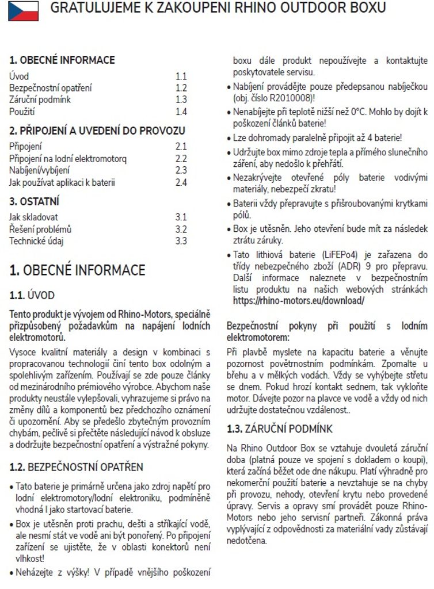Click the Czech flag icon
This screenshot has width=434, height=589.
(23, 10)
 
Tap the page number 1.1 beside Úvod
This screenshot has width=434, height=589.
(181, 76)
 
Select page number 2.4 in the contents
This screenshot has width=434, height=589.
(181, 182)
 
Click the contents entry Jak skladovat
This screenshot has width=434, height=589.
(33, 217)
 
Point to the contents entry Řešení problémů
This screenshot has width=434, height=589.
(40, 229)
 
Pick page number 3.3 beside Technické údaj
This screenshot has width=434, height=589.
(181, 241)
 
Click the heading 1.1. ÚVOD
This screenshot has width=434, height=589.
(32, 296)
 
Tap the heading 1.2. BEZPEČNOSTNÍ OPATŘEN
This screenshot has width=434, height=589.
(76, 466)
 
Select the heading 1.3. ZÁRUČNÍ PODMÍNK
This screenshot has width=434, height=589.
(279, 429)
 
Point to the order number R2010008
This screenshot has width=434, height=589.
(299, 98)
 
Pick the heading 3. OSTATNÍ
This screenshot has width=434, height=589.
(35, 202)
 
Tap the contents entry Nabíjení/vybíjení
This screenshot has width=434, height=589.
(40, 170)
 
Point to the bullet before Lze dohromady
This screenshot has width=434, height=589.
(229, 139)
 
